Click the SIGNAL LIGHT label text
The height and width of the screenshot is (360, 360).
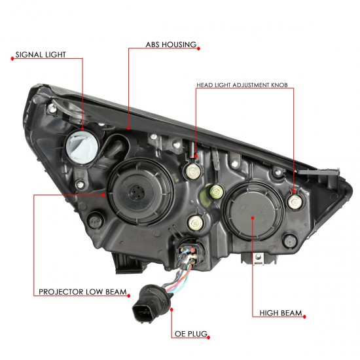[x=41, y=54]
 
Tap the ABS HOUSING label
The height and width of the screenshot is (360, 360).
[x=171, y=45]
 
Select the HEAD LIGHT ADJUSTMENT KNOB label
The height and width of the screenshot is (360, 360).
[x=242, y=85]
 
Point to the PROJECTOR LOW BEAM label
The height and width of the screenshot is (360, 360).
[x=82, y=292]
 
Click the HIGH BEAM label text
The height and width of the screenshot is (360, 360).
[x=281, y=313]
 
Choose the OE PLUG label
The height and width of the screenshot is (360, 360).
[x=191, y=334]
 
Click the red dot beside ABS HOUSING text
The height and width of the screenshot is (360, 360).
[x=198, y=48]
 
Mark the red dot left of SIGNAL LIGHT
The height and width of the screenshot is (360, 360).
[x=12, y=58]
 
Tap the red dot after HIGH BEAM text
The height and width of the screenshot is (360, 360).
[x=304, y=317]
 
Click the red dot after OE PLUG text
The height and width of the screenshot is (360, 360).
[x=208, y=338]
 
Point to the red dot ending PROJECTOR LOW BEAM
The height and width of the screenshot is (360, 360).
[x=128, y=296]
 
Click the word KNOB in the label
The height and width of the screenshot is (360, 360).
[x=279, y=85]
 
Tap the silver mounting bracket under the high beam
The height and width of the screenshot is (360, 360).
[x=259, y=258]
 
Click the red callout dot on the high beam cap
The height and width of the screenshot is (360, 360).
[x=253, y=218]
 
